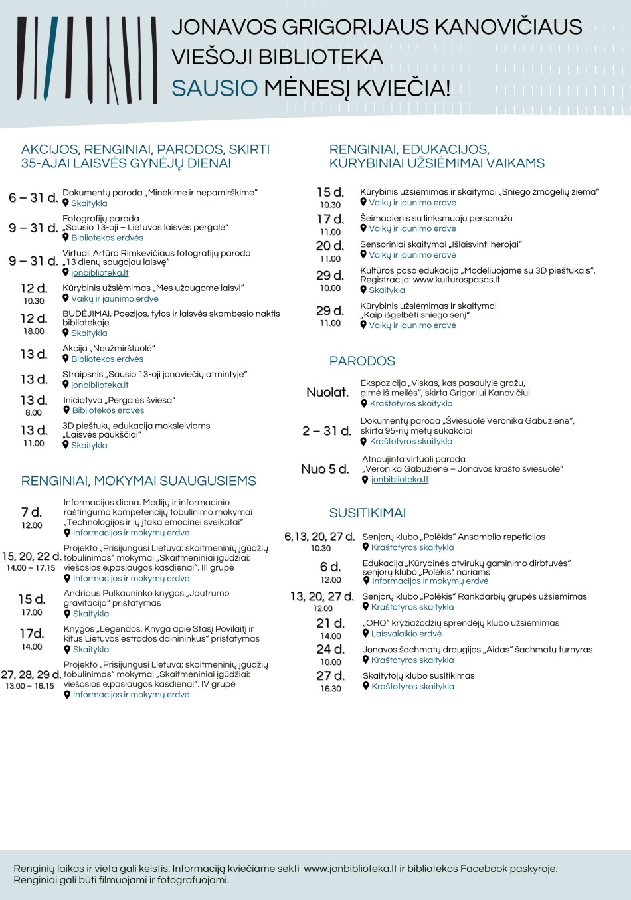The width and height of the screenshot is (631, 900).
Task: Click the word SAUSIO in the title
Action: [x=214, y=88]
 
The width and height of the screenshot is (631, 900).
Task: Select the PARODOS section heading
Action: [x=362, y=361]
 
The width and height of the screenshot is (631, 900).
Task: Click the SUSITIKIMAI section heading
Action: [x=367, y=513]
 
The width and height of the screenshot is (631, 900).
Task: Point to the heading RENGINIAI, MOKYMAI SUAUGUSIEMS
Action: [x=138, y=481]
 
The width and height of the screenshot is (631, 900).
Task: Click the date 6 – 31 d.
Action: [x=33, y=198]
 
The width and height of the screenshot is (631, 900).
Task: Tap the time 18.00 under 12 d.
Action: [x=34, y=331]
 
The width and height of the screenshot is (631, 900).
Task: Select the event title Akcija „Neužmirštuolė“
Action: [x=109, y=348]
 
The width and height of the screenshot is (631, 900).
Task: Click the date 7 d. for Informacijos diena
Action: [x=31, y=512]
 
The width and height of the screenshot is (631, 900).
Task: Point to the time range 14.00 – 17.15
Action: [x=31, y=568]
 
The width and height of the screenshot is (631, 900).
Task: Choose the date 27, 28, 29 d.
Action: [x=31, y=674]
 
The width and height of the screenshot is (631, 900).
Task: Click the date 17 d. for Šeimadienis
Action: [x=330, y=219]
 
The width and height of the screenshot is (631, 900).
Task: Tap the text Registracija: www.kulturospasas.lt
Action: [x=430, y=280]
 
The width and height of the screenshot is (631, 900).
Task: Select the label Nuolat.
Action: [x=327, y=392]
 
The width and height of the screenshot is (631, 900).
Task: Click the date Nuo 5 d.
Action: [x=325, y=469]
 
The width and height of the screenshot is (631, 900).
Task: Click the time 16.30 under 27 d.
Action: [x=331, y=689]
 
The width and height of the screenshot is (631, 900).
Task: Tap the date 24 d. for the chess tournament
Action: [x=330, y=649]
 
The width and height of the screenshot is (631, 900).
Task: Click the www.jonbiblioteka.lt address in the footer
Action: [x=350, y=869]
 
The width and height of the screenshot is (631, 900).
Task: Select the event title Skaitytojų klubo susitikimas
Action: [x=418, y=675]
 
